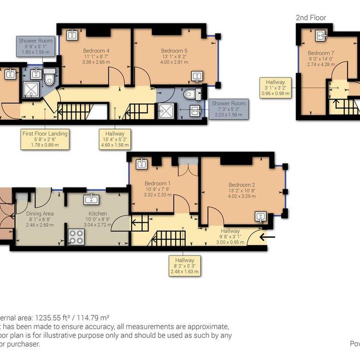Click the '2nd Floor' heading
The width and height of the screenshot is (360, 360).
(311, 17)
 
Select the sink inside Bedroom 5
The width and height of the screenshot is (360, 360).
(197, 77)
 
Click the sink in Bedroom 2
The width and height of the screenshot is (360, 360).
(261, 217)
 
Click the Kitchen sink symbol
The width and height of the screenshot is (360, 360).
(92, 199)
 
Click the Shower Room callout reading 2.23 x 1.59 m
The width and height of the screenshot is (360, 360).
(227, 109)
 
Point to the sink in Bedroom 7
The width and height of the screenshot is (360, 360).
(322, 35)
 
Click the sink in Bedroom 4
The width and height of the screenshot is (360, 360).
(73, 34)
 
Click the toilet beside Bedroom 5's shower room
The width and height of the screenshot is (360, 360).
(189, 94)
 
